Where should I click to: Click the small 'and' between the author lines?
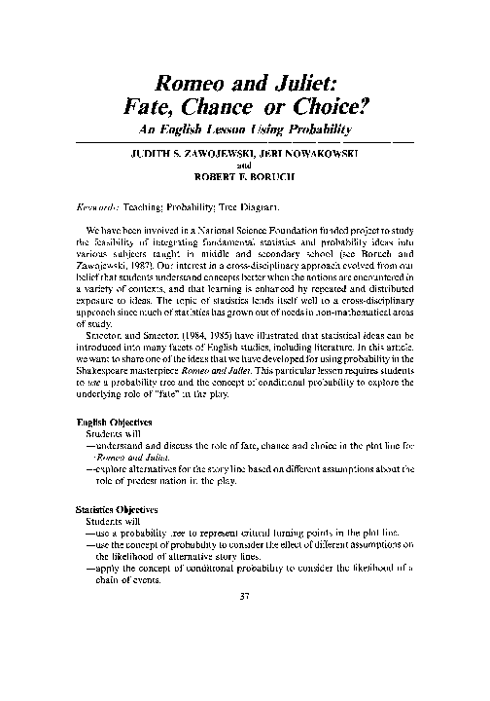coord(244,166)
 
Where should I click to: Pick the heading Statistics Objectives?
coord(121,509)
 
